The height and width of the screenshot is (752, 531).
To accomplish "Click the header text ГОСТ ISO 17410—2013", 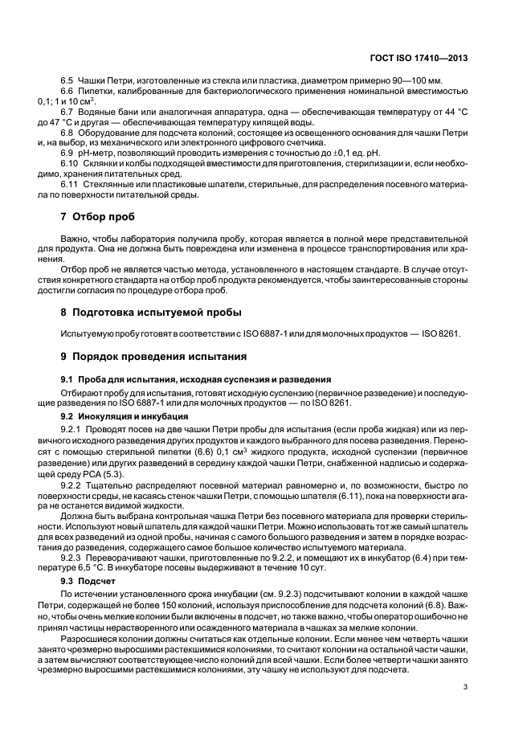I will click(x=429, y=58).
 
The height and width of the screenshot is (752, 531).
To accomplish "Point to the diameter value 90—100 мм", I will click(x=396, y=82).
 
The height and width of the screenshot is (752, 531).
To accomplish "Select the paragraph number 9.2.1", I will click(x=73, y=429).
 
